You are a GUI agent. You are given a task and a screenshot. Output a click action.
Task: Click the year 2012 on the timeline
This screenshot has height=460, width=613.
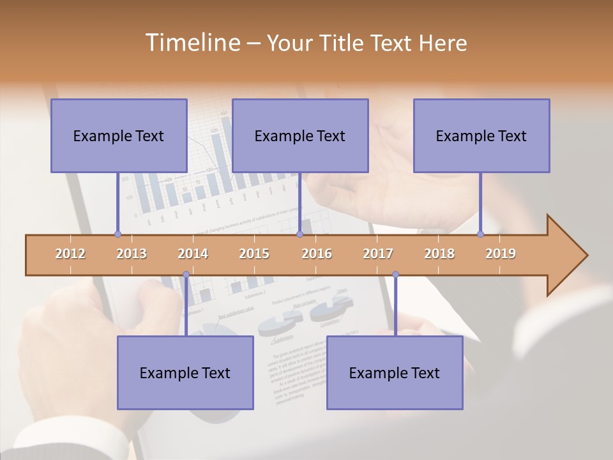(70, 254)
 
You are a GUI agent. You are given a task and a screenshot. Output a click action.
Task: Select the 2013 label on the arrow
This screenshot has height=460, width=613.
(132, 254)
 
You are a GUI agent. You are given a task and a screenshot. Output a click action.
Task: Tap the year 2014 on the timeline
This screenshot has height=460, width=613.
(193, 254)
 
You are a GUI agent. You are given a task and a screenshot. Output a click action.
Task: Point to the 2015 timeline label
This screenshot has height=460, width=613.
(254, 254)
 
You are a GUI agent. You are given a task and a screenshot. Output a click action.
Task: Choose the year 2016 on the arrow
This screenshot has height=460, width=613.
(317, 254)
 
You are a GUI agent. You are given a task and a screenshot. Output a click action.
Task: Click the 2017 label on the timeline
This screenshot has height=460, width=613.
(378, 254)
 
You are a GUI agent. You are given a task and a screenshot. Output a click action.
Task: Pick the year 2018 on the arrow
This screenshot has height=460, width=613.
(439, 254)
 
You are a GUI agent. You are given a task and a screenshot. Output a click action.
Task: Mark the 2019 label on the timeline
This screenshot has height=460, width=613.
(501, 254)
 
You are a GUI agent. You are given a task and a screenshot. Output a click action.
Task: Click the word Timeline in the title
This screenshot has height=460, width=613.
(192, 43)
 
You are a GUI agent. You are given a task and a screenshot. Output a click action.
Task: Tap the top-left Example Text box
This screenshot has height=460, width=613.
(119, 135)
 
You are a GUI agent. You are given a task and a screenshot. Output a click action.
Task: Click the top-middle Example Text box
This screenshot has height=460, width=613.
(300, 135)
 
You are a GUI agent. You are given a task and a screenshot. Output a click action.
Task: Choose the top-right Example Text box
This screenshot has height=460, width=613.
(481, 135)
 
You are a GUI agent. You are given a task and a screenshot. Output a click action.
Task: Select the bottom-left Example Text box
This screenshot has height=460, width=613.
(185, 372)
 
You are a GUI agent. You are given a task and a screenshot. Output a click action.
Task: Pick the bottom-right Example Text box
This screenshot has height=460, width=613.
(395, 372)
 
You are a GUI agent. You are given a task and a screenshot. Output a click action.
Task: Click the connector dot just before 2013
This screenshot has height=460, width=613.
(117, 234)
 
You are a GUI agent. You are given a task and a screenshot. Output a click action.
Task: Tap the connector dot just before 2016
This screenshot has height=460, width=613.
(299, 234)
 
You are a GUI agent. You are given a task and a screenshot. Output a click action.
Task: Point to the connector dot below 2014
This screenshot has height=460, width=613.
(186, 275)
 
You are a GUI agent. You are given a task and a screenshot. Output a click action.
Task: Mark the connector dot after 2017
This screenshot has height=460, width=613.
(395, 275)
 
